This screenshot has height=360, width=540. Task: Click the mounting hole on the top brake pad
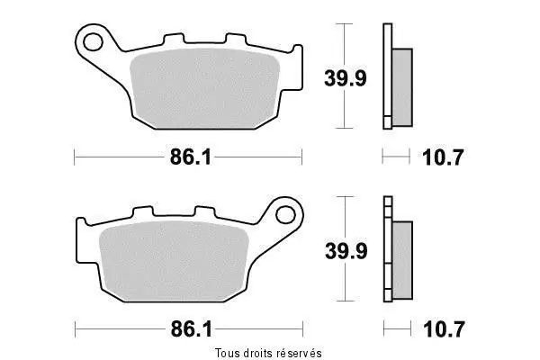[x=93, y=42]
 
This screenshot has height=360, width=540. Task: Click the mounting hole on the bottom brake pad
[x=286, y=215]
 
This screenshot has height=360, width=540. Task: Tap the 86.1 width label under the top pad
[x=191, y=157]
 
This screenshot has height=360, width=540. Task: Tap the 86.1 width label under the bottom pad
[x=191, y=329]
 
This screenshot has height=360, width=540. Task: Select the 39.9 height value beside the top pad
[x=346, y=78]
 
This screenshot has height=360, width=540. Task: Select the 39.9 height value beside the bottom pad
[x=346, y=251]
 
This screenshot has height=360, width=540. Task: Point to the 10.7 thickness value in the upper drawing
[x=443, y=157]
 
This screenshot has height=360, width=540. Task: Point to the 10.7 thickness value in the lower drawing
[x=444, y=329]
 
